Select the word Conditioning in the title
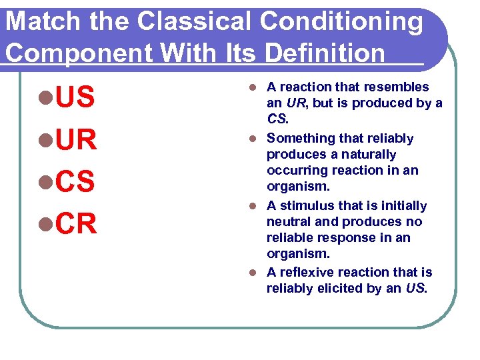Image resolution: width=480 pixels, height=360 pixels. (x=341, y=23)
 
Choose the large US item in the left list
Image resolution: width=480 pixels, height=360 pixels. (x=75, y=98)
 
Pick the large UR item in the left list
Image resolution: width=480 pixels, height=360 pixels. (x=77, y=140)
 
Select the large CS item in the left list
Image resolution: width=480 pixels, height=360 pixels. (x=75, y=182)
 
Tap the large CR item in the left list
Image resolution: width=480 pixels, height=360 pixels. (x=77, y=225)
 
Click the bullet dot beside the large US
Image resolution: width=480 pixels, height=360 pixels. (x=45, y=99)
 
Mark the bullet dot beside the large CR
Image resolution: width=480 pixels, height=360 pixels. (x=45, y=225)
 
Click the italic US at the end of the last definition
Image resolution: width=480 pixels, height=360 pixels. (x=413, y=289)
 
